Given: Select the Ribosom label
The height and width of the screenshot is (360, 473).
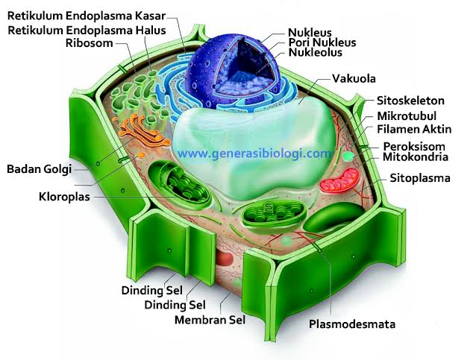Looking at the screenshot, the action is point(89,42).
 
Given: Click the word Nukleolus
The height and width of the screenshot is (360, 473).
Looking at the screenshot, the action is point(316,54).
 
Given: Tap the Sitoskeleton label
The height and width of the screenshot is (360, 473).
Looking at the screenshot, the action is point(410,101).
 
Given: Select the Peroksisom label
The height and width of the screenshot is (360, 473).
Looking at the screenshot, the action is point(415,146).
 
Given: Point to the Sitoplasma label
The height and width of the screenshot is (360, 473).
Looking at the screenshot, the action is point(420,178).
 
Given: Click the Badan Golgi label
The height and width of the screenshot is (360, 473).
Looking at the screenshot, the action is point(39,169).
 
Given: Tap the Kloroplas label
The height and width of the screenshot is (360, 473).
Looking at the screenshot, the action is point(63,198).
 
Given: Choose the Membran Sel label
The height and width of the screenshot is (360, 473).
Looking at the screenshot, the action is point(210,320).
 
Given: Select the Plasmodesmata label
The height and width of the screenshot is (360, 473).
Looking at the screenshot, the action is point(352,324).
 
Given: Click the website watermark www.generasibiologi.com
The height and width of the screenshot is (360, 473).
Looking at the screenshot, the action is point(254,154).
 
